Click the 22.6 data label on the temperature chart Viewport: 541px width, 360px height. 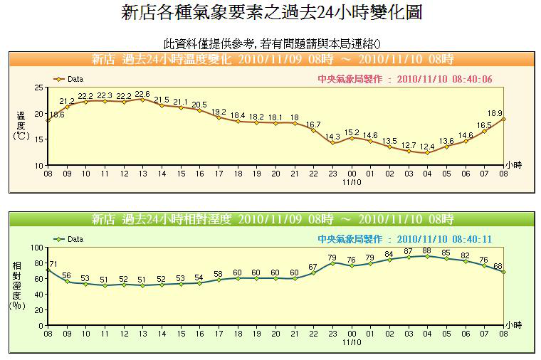[x=142, y=94]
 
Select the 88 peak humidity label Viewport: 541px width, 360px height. [x=427, y=250]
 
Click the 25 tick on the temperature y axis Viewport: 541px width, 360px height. [x=38, y=88]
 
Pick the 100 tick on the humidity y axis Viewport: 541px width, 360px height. [x=36, y=248]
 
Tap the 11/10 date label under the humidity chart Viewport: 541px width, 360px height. [x=352, y=342]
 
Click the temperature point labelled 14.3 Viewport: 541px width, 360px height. [x=332, y=143]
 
